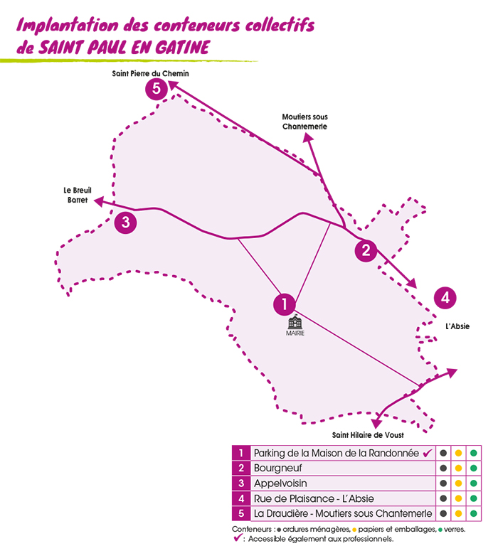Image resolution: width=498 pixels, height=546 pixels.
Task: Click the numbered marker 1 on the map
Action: [x=284, y=304]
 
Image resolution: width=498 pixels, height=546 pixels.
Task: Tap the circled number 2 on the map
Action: [x=366, y=250]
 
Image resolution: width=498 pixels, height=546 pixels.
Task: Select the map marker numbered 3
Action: [x=125, y=223]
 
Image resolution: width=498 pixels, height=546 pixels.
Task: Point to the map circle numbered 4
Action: [x=445, y=297]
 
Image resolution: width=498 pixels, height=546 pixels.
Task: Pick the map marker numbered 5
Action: [x=156, y=89]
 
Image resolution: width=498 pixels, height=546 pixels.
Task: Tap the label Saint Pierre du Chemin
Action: [x=150, y=74]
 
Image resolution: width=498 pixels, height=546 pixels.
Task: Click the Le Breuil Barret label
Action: [x=75, y=196]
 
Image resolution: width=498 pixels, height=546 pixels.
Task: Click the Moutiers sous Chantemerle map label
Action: [x=304, y=122]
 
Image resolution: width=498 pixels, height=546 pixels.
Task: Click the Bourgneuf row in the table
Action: [x=278, y=468]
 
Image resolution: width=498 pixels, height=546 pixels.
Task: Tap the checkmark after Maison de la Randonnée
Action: [x=428, y=453]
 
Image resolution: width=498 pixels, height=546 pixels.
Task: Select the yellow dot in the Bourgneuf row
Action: [x=458, y=468]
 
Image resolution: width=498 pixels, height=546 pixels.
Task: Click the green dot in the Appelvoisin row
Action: [x=473, y=483]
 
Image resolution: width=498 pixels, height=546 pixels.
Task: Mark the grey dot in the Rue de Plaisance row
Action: [x=443, y=498]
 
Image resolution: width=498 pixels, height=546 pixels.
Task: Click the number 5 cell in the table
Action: [x=241, y=513]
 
